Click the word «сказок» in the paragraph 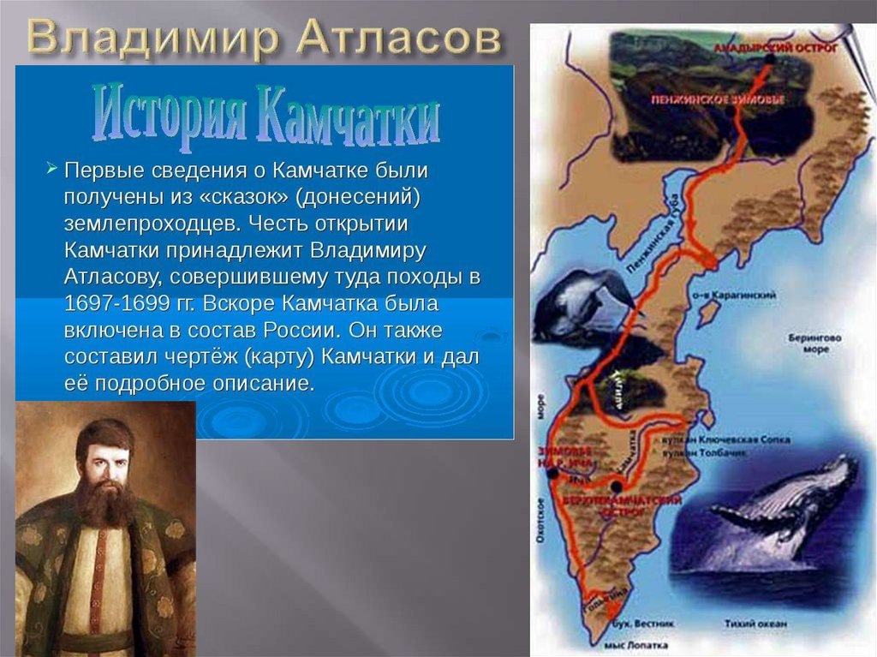(251, 198)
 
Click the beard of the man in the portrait (105, 499)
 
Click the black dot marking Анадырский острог (771, 59)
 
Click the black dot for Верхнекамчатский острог (617, 486)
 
